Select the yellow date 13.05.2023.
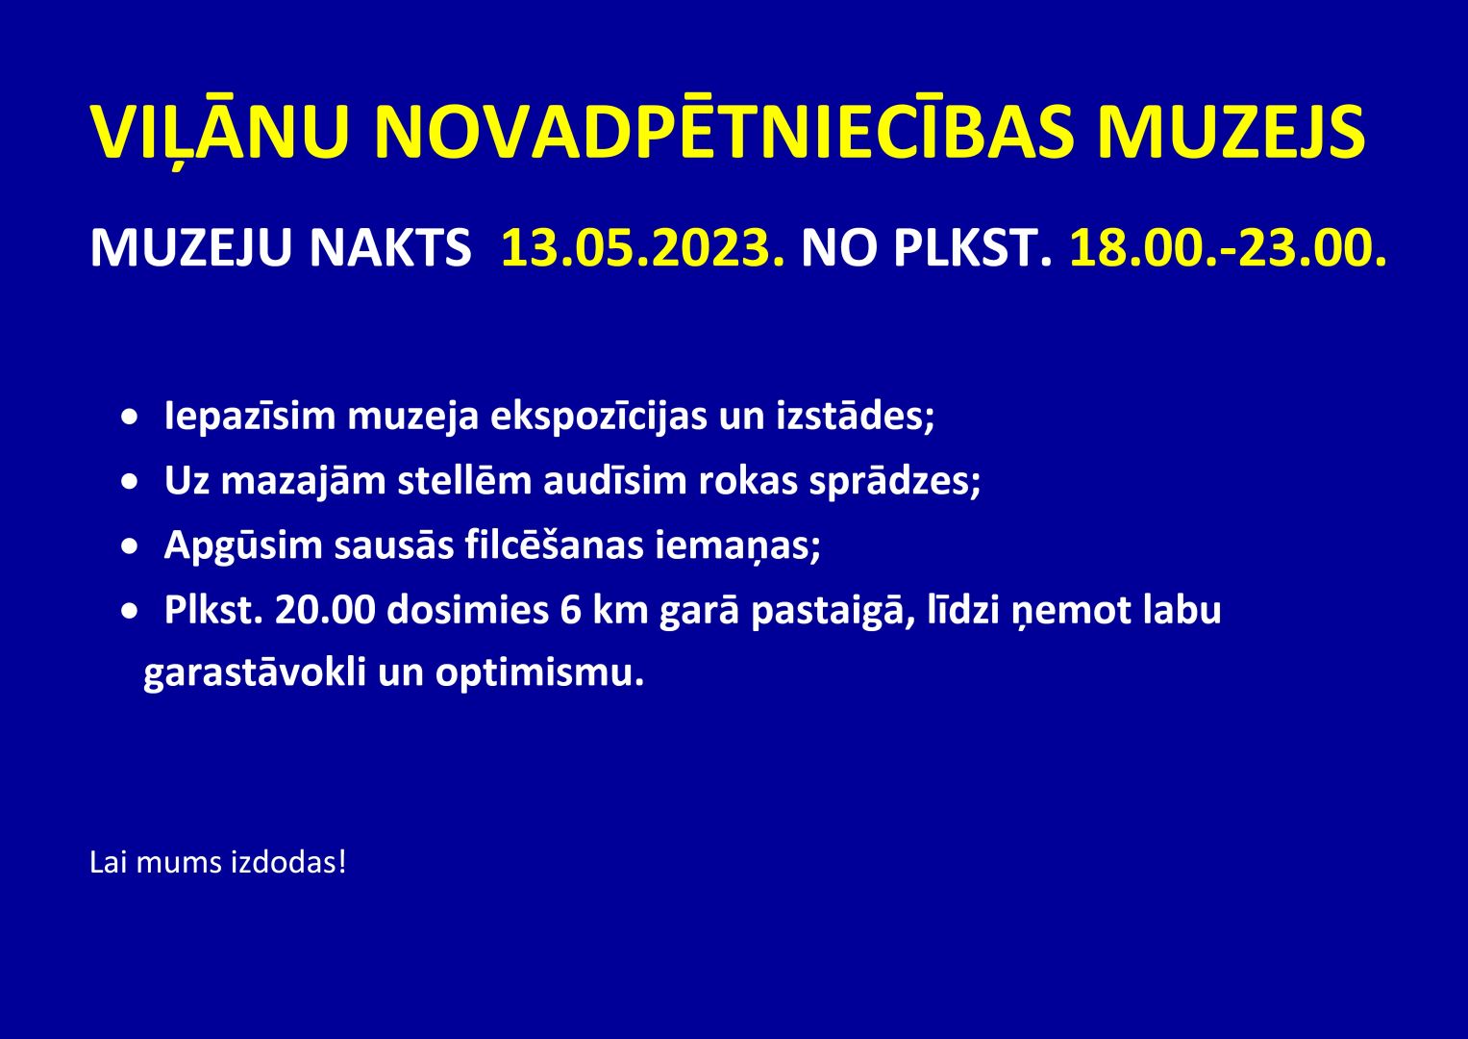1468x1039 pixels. coord(642,248)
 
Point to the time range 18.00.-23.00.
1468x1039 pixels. coord(1228,248)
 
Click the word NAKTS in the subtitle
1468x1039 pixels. coord(390,248)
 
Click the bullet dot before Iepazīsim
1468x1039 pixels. coord(131,418)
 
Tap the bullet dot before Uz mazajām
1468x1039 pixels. coord(131,481)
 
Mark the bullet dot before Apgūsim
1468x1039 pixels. coord(131,545)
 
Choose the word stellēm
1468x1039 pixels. coord(464,480)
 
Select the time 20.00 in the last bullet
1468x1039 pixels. coord(325,610)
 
